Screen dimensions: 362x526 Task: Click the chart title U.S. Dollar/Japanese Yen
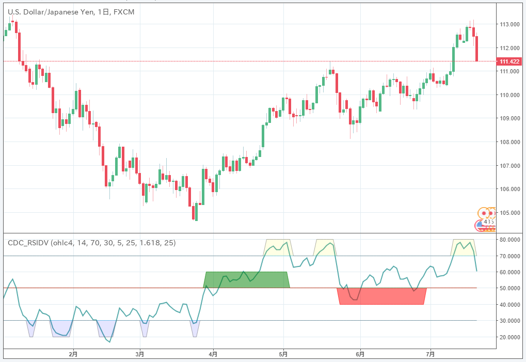[51, 12]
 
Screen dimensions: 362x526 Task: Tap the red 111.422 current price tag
[509, 61]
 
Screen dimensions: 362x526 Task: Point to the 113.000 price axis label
[509, 24]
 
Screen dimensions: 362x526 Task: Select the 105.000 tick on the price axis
[509, 212]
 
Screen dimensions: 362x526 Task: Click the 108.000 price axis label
[509, 142]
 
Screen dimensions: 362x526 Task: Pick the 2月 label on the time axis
[73, 354]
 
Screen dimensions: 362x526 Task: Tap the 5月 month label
[283, 354]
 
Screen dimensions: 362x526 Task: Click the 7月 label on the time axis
[431, 354]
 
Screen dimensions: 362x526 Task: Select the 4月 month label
[213, 354]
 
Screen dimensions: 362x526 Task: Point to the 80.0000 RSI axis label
[509, 240]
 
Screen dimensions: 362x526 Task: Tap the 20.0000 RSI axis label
[509, 337]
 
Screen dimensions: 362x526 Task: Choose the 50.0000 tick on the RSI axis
[509, 288]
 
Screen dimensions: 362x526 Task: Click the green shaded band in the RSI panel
[246, 280]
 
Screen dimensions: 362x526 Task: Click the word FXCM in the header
[123, 12]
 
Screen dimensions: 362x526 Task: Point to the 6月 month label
[360, 354]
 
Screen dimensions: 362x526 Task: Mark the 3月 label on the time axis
[140, 354]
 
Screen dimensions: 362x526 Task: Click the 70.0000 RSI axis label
[509, 256]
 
